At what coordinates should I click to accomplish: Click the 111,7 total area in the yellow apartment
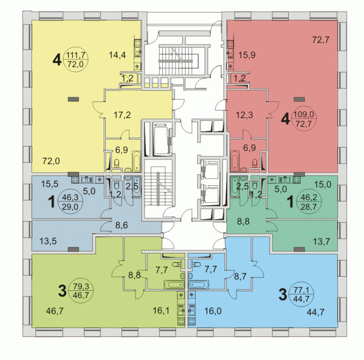click(76, 56)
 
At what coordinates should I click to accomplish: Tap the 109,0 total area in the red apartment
click(304, 114)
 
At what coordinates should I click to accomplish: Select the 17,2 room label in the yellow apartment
click(122, 115)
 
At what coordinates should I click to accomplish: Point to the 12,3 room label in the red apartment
click(245, 115)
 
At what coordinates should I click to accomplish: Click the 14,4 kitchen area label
click(117, 55)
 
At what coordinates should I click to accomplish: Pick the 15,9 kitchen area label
click(247, 55)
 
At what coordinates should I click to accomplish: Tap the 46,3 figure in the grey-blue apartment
click(70, 197)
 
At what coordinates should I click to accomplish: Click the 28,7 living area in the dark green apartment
click(308, 207)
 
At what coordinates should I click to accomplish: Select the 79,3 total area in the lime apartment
click(81, 286)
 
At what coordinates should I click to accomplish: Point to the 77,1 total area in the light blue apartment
click(301, 290)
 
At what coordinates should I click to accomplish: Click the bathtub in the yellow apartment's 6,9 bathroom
click(136, 161)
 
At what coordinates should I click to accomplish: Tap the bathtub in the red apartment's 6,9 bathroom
click(235, 161)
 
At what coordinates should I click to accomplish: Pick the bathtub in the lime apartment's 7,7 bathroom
click(174, 285)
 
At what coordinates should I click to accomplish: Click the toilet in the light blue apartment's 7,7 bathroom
click(196, 264)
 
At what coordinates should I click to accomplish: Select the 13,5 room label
click(48, 241)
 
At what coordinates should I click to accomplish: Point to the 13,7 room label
click(322, 242)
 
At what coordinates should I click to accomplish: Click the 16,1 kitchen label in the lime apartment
click(161, 311)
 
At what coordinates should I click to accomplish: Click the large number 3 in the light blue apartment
click(283, 294)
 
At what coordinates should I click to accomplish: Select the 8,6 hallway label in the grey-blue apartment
click(122, 225)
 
